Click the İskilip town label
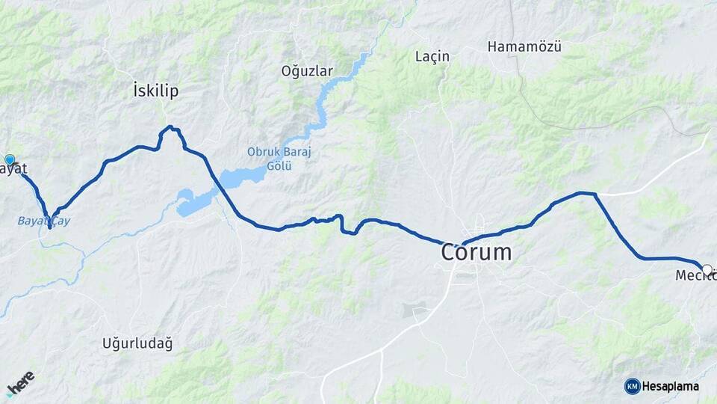(155, 91)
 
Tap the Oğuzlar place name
(306, 71)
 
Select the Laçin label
(432, 56)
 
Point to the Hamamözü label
(524, 46)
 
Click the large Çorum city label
(477, 252)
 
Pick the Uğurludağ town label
(137, 343)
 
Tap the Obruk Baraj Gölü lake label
(279, 158)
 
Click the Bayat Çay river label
(43, 221)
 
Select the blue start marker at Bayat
(10, 159)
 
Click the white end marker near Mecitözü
(707, 269)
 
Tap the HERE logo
(20, 383)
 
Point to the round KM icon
(633, 386)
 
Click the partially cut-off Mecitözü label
(695, 276)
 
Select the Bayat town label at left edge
(13, 169)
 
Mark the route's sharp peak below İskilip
(170, 127)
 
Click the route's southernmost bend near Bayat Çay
(49, 226)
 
